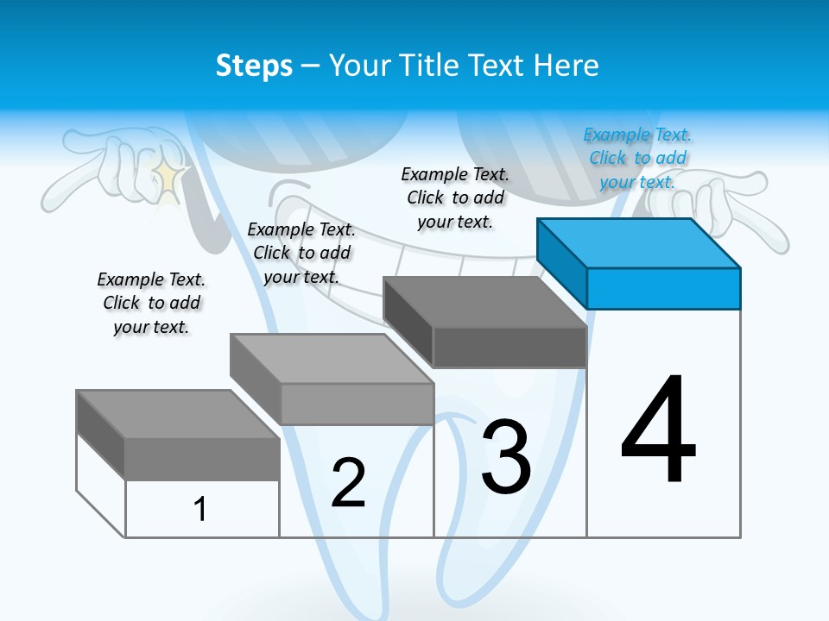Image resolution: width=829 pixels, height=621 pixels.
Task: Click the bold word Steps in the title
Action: [x=254, y=66]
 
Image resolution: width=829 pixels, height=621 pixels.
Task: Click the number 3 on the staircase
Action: [x=506, y=456]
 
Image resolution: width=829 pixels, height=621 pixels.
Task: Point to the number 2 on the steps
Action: [x=349, y=482]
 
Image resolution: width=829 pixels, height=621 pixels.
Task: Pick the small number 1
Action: [x=200, y=509]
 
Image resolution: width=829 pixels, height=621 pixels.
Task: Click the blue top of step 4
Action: [x=639, y=242]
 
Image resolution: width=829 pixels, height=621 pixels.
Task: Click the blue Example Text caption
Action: [x=637, y=158]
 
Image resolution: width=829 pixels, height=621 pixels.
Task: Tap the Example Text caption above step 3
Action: [x=455, y=198]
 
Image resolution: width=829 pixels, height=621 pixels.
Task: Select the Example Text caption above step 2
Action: [x=301, y=253]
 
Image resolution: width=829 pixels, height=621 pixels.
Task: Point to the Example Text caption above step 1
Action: [x=151, y=303]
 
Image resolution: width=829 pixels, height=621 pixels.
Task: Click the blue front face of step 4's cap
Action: [x=663, y=288]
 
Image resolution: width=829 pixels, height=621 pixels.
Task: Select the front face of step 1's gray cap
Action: [x=202, y=458]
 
